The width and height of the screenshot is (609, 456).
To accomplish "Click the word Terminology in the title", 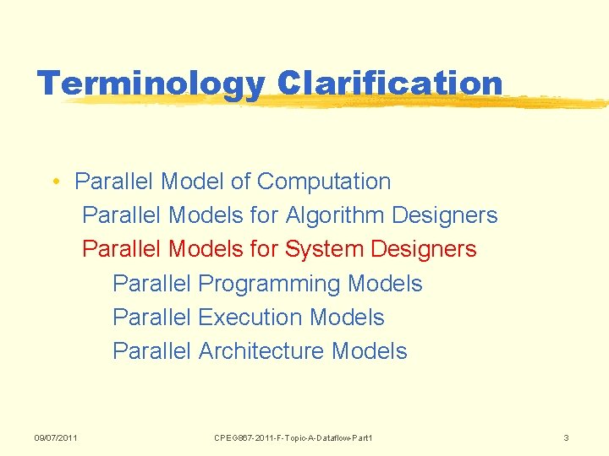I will [151, 83].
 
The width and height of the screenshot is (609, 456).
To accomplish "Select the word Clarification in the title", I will [390, 83].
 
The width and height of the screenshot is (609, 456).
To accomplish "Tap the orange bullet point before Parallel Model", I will [54, 182].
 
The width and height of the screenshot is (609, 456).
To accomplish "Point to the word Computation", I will [324, 182].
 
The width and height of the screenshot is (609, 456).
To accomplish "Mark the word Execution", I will [250, 318].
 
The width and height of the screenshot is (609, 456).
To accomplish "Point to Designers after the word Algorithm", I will [445, 216].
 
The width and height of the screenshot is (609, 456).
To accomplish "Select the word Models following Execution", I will [347, 318].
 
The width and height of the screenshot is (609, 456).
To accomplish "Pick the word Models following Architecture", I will [370, 351].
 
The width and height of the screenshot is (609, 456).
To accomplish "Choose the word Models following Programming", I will [385, 284].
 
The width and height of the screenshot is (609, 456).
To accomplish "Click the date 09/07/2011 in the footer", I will [56, 437].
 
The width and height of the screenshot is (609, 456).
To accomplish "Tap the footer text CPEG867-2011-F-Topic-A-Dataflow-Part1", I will [294, 437].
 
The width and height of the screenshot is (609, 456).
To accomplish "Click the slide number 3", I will [567, 437].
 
